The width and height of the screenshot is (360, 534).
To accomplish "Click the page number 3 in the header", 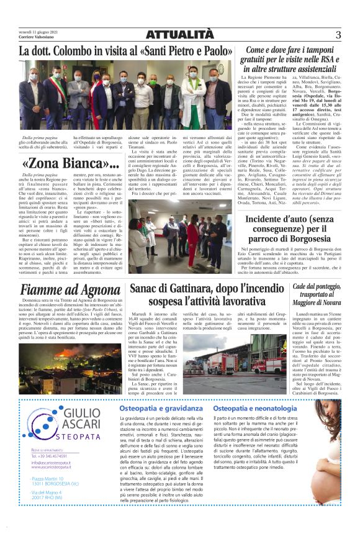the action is point(338,35).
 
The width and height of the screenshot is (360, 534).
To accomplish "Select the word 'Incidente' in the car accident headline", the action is point(271,219).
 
